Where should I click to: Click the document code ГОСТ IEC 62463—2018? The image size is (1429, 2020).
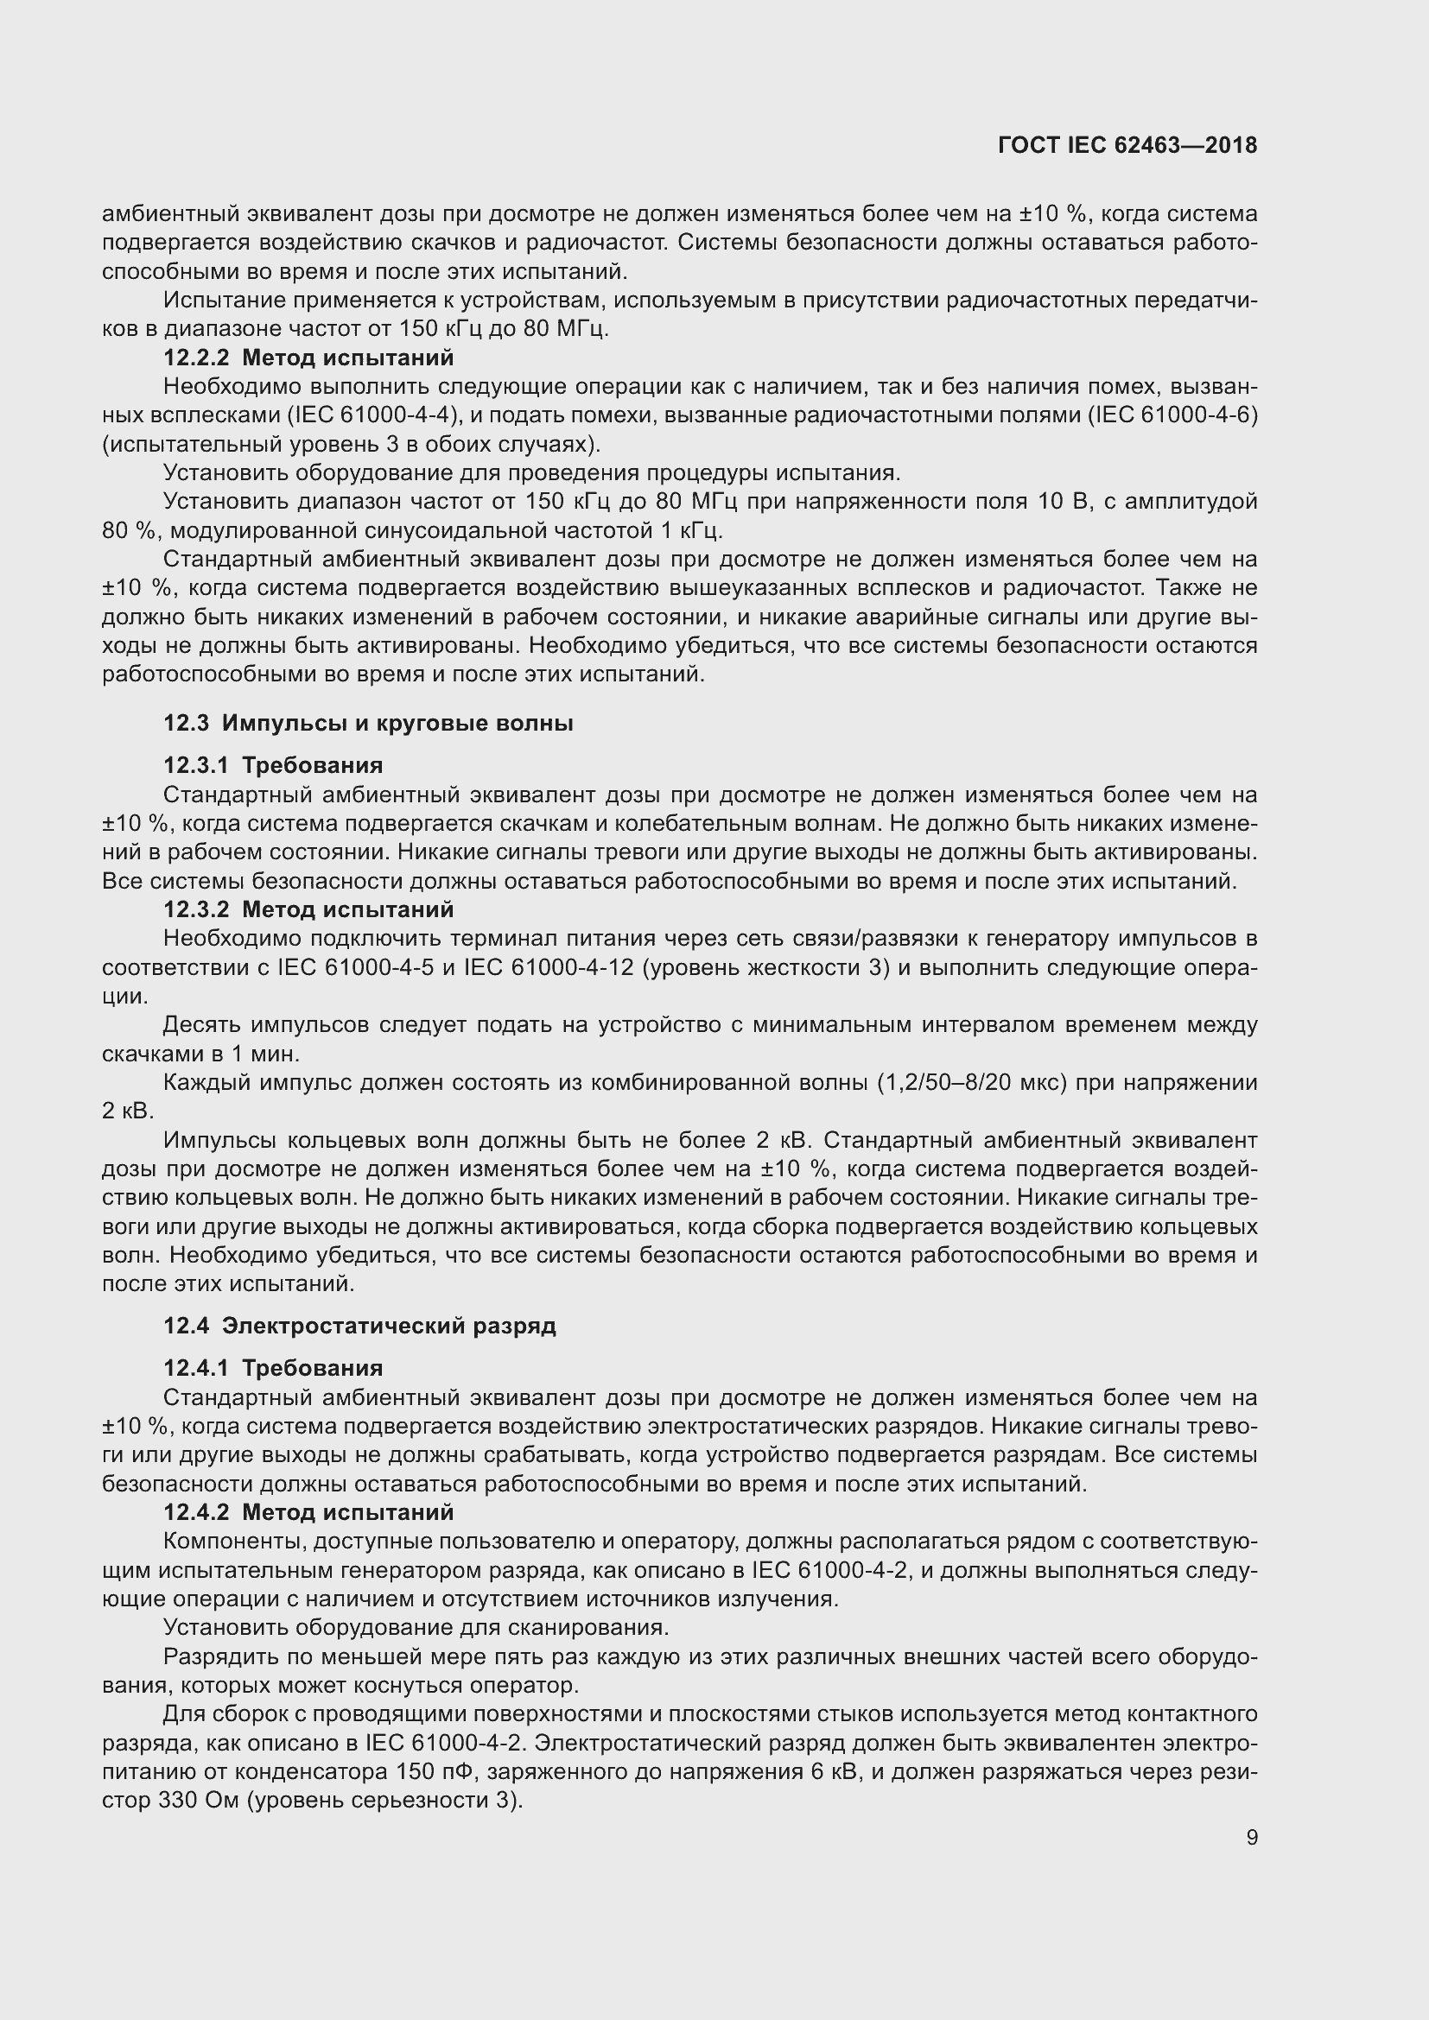pos(1127,146)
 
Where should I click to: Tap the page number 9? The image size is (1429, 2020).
pos(1251,1838)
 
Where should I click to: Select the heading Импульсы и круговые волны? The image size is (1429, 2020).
pos(397,723)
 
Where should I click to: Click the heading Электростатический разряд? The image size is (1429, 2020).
pos(389,1326)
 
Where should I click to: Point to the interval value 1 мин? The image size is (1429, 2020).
pos(282,1054)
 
